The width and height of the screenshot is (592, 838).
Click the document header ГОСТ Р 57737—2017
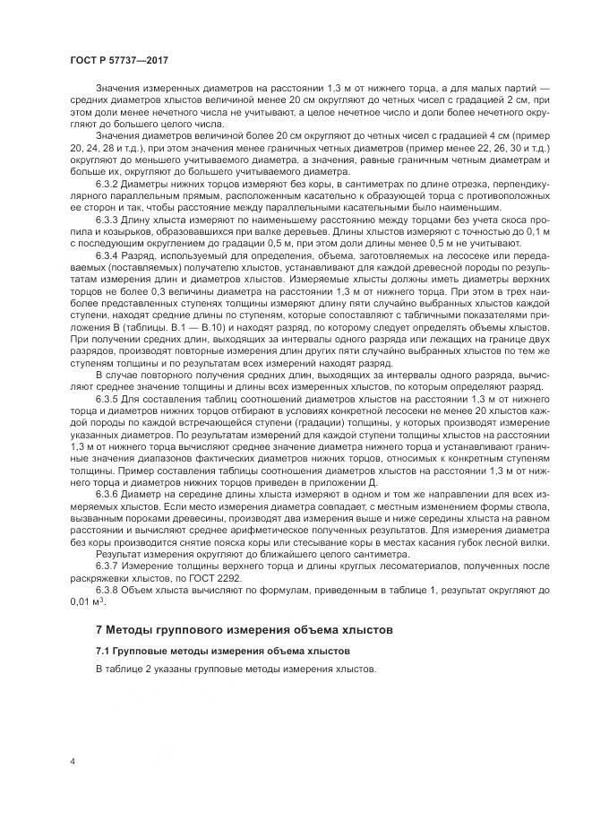119,59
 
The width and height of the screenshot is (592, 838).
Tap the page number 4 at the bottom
72,762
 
